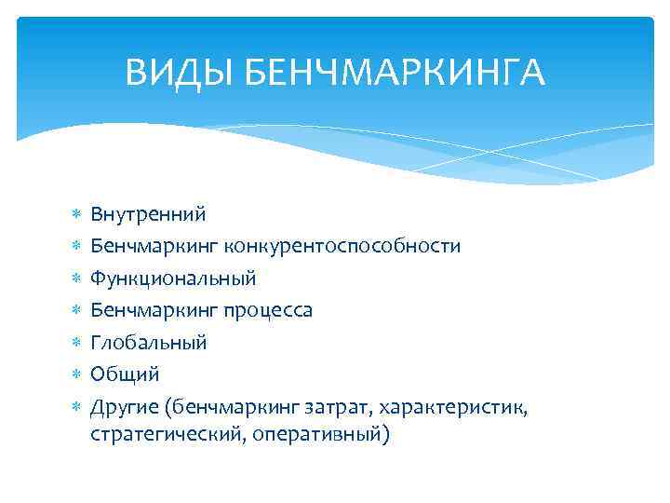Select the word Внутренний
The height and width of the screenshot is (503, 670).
click(148, 214)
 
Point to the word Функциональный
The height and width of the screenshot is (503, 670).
click(173, 278)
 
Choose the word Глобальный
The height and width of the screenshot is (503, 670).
click(148, 342)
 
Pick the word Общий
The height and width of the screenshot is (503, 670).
click(125, 374)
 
